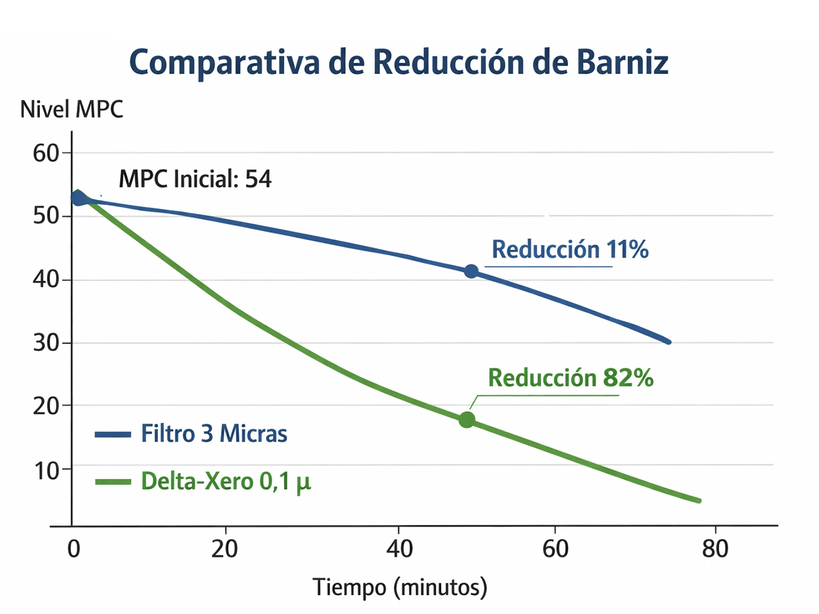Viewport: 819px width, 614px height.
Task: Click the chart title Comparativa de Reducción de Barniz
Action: tap(399, 62)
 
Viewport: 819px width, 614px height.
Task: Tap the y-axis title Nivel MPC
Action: tap(72, 109)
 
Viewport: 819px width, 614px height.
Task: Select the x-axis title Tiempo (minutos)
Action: tap(400, 587)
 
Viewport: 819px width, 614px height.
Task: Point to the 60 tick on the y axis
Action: tap(46, 153)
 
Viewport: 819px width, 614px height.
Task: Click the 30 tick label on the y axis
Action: tap(46, 343)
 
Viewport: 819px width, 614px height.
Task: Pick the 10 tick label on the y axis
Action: tap(46, 471)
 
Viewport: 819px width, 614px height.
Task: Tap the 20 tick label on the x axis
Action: tap(225, 549)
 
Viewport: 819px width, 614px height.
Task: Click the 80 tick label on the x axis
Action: tap(715, 549)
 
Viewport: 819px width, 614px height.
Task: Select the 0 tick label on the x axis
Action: tap(74, 549)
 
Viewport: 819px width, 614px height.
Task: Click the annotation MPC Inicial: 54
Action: tap(195, 179)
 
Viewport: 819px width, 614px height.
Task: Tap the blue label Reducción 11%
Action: tap(570, 250)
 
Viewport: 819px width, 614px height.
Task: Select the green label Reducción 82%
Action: tap(570, 378)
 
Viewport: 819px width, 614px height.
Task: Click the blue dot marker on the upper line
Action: tap(471, 271)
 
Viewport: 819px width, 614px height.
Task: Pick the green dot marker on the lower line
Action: tap(467, 420)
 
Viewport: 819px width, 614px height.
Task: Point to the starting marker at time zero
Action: tap(78, 198)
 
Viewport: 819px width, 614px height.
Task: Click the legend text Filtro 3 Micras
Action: tap(214, 434)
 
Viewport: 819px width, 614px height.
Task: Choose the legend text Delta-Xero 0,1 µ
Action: tap(226, 481)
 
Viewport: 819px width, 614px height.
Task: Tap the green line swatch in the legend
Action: tap(113, 482)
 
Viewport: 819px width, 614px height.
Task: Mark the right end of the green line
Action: tap(699, 500)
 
